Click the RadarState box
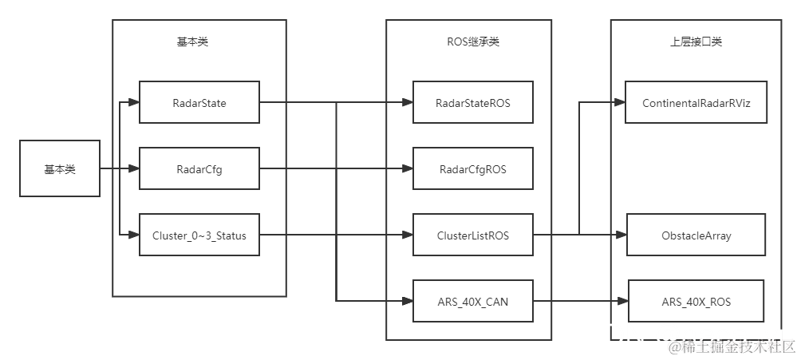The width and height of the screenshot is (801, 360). tap(199, 102)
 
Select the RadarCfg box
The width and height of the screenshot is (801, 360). tap(199, 168)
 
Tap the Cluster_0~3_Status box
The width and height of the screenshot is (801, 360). tap(199, 235)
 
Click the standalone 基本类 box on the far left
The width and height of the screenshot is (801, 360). tap(60, 168)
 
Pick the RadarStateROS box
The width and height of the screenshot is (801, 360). tap(472, 102)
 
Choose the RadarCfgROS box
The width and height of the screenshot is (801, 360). tap(472, 168)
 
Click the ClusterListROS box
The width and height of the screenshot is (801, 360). tap(472, 235)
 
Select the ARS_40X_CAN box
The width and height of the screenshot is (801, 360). tap(472, 301)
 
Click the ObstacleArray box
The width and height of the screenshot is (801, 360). tap(696, 235)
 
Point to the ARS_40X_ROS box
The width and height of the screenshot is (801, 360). tap(696, 301)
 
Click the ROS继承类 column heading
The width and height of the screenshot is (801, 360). tap(473, 42)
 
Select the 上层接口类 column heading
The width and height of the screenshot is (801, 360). tap(696, 42)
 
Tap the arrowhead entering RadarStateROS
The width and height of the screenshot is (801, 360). tap(408, 102)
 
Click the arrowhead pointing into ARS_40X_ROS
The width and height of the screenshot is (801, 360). tap(623, 301)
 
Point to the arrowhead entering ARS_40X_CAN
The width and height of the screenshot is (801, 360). tap(408, 301)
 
